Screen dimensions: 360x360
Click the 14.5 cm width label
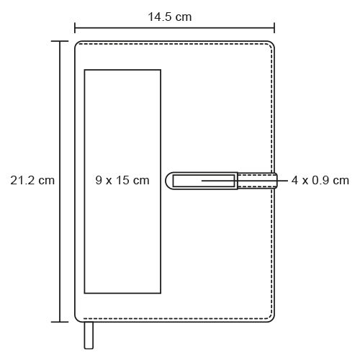170,17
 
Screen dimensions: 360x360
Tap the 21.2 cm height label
32,180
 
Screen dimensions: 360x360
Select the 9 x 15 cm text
122,180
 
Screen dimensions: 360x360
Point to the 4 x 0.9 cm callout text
320,181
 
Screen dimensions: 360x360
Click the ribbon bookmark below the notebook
89,336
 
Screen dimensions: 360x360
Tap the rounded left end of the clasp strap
168,181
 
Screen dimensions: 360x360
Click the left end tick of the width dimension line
75,28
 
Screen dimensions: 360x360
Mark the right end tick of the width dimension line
274,28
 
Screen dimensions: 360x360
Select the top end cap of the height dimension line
60,41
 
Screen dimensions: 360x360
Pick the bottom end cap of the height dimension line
60,322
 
